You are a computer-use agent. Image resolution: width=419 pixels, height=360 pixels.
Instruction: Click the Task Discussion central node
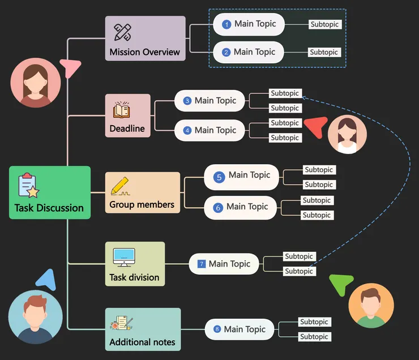click(50, 192)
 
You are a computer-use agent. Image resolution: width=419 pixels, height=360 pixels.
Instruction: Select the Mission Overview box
click(145, 38)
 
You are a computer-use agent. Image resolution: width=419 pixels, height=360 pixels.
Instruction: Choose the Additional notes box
click(143, 329)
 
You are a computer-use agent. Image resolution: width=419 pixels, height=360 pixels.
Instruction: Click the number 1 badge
click(226, 24)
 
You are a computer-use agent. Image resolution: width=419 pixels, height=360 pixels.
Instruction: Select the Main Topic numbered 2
click(249, 52)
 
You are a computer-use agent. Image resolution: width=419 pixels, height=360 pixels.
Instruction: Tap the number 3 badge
click(187, 101)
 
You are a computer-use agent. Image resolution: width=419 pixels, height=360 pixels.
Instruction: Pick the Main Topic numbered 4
click(209, 130)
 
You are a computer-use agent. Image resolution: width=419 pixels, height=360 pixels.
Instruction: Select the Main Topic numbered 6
click(241, 207)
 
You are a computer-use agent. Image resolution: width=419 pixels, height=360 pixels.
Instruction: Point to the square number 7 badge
click(201, 264)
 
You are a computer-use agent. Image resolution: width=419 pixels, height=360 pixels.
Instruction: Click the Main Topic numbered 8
click(239, 329)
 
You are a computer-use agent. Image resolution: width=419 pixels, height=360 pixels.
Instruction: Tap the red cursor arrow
click(315, 126)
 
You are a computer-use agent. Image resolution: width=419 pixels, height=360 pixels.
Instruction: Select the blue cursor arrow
click(46, 279)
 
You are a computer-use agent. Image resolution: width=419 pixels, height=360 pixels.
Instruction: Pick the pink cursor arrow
click(72, 68)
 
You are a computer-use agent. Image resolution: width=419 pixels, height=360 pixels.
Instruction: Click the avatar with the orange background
click(371, 306)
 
